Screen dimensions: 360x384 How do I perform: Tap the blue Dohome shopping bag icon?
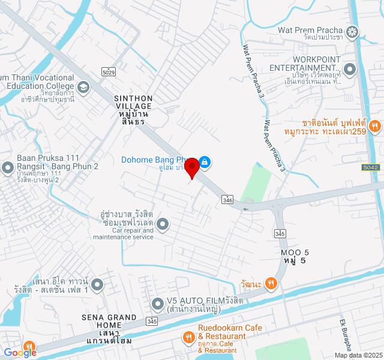[x=205, y=161]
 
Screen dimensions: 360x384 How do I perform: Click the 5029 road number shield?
[x=109, y=72]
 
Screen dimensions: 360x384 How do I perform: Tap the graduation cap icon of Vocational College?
[x=83, y=88]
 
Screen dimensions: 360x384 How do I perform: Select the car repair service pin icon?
[x=164, y=225]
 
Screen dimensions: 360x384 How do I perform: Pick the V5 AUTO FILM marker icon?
[x=157, y=302]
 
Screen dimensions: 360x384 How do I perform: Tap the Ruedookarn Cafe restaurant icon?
[x=188, y=334]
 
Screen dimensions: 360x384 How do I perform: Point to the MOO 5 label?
[x=295, y=256]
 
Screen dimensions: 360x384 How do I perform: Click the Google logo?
[x=20, y=353]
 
